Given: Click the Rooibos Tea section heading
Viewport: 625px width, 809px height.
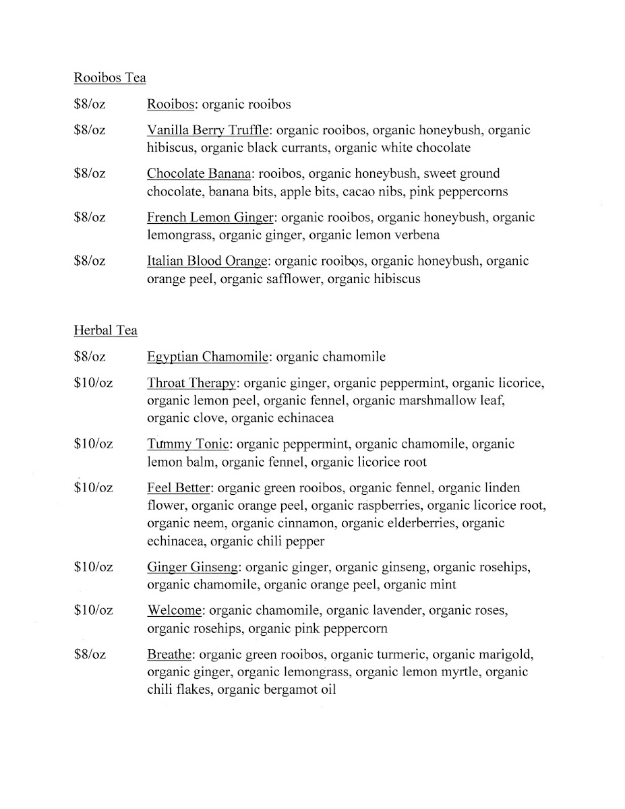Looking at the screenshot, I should [x=109, y=78].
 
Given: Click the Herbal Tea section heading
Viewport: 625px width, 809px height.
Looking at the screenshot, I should [x=105, y=330].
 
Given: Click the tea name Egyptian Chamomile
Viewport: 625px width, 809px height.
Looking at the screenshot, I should [x=208, y=357].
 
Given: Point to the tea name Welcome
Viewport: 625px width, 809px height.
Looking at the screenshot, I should [x=174, y=611].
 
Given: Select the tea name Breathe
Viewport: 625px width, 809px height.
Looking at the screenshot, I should [x=170, y=655].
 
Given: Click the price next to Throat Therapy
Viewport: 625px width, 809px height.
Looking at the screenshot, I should [x=93, y=384].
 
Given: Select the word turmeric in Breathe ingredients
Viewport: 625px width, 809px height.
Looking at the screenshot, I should [x=398, y=655].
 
